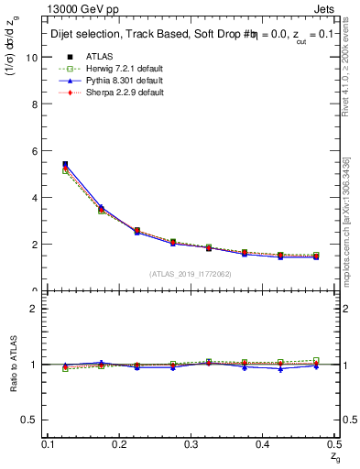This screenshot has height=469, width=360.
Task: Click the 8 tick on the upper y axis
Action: tap(36, 104)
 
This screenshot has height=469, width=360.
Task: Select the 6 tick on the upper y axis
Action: tap(36, 150)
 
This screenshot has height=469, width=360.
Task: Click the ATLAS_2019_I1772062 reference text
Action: tap(191, 273)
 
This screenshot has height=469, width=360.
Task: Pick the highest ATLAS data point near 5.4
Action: tap(65, 165)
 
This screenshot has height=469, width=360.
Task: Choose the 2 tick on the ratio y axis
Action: tap(35, 309)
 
